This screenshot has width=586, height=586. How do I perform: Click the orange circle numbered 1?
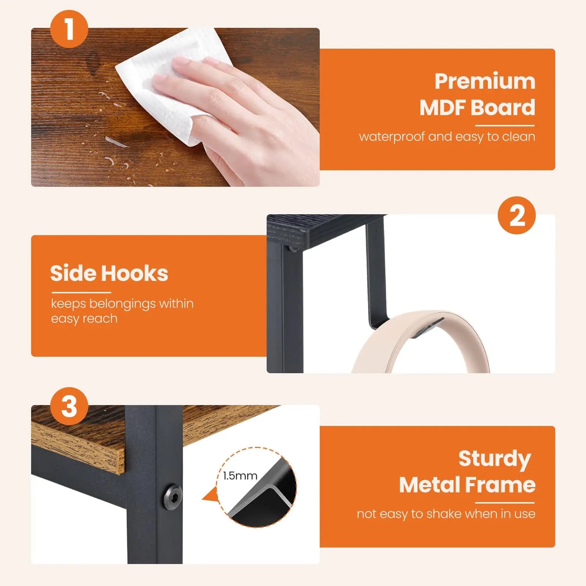click(69, 29)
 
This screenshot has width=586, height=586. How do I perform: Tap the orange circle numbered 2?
click(517, 215)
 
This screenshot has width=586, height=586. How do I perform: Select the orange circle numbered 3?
click(69, 406)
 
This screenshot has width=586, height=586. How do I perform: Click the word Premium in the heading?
click(485, 81)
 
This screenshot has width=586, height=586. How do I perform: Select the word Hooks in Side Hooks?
click(134, 274)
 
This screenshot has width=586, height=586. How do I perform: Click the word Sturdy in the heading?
click(494, 459)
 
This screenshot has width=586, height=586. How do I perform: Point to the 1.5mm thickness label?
click(240, 476)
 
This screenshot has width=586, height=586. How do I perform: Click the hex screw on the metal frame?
click(172, 497)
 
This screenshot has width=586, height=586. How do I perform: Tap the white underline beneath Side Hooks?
click(81, 293)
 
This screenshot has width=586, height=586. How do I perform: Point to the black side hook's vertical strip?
click(375, 271)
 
